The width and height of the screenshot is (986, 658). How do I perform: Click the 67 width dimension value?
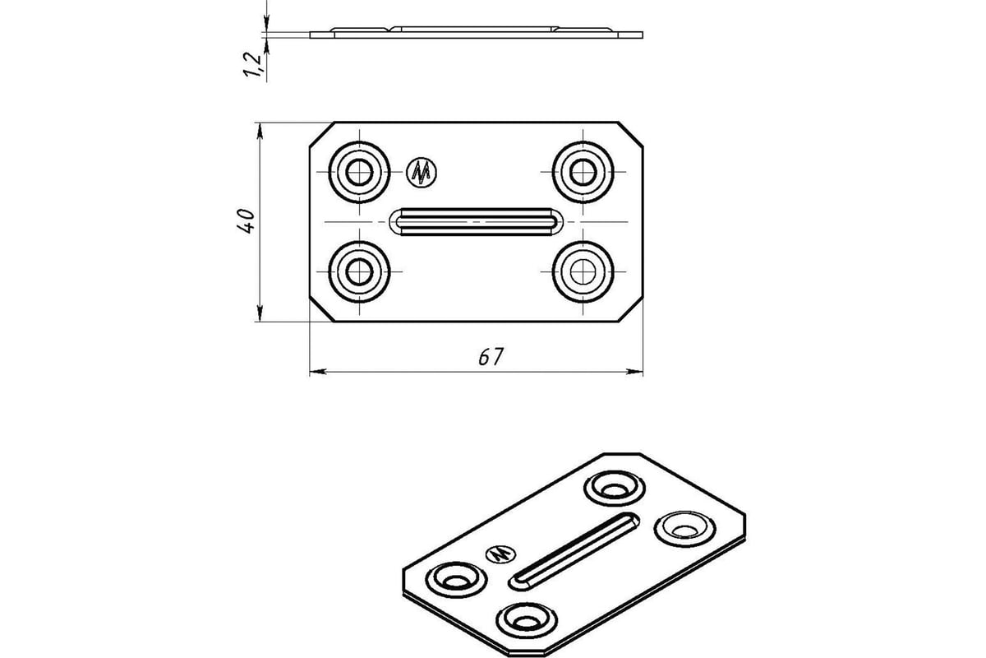pyautogui.click(x=491, y=356)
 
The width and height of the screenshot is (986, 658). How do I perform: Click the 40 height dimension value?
pyautogui.click(x=246, y=221)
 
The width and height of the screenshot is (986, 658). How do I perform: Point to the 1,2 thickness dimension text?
pyautogui.click(x=253, y=64)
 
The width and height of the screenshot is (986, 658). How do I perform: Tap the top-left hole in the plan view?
pyautogui.click(x=359, y=172)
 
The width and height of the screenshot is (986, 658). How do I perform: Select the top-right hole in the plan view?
pyautogui.click(x=583, y=172)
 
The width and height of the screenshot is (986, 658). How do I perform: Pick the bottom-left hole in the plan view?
pyautogui.click(x=359, y=272)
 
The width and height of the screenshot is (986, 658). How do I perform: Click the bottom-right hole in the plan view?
pyautogui.click(x=583, y=272)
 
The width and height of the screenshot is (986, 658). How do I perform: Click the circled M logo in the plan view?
pyautogui.click(x=422, y=172)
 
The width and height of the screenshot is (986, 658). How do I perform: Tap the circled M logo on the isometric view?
pyautogui.click(x=501, y=554)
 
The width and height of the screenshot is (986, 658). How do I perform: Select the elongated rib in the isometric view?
pyautogui.click(x=574, y=551)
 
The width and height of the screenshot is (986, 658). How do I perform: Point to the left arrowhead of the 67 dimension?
pyautogui.click(x=318, y=372)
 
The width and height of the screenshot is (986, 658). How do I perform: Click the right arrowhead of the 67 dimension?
pyautogui.click(x=634, y=372)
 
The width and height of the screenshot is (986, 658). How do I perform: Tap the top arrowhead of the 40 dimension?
pyautogui.click(x=260, y=131)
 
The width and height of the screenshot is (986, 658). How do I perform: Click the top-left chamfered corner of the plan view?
pyautogui.click(x=322, y=134)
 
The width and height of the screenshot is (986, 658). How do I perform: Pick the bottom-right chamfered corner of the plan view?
pyautogui.click(x=631, y=309)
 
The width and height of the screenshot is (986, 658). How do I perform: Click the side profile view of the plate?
pyautogui.click(x=476, y=33)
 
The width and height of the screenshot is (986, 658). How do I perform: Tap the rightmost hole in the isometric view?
pyautogui.click(x=685, y=529)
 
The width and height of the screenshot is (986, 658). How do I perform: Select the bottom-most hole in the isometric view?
pyautogui.click(x=527, y=620)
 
